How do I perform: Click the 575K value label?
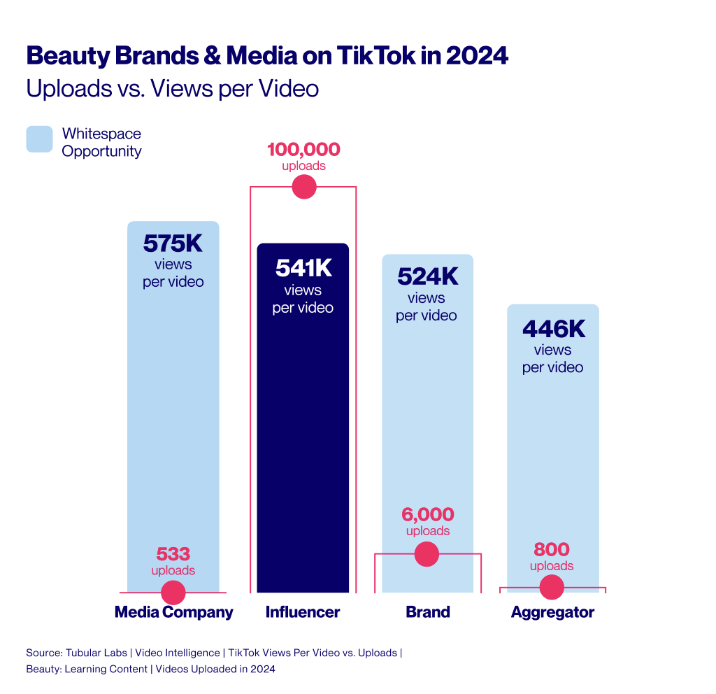tap(173, 243)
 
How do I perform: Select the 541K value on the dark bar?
tap(303, 268)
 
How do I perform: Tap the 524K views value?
tap(427, 276)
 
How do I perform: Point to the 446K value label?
tap(552, 328)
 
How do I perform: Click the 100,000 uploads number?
tap(303, 150)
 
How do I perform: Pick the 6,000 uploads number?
tap(427, 514)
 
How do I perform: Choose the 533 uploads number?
tap(173, 554)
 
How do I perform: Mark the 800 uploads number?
tap(552, 549)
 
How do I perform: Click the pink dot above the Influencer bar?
tap(303, 187)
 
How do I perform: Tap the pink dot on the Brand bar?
tap(427, 554)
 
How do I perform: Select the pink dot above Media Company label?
tap(173, 593)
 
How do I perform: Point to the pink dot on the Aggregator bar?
tap(552, 587)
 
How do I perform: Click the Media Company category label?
tap(173, 612)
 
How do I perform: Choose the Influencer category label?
tap(303, 612)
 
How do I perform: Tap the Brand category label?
tap(427, 612)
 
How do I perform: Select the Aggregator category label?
tap(552, 612)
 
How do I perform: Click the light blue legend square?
tap(39, 139)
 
